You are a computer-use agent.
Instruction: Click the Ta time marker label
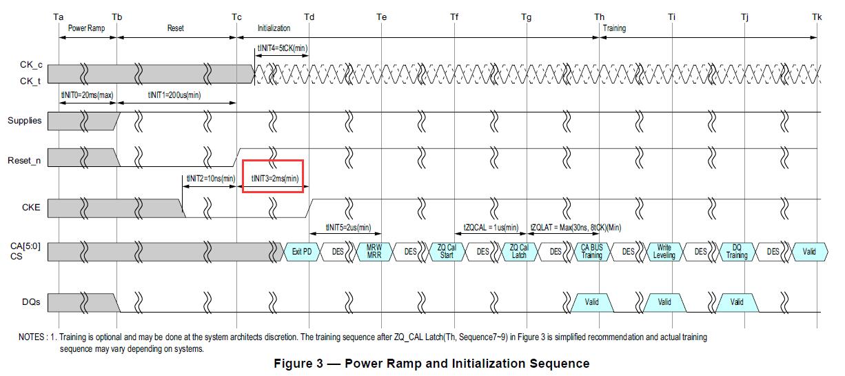[58, 17]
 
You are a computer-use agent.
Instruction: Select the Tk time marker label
[817, 17]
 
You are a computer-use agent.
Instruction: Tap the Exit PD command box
[302, 252]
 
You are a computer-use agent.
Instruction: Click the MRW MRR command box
[374, 252]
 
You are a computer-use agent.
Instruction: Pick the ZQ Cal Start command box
[447, 252]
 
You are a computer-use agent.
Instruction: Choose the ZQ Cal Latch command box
[519, 252]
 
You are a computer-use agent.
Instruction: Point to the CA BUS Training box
[591, 252]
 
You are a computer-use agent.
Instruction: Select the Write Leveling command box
[664, 252]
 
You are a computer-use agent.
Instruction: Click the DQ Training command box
[737, 252]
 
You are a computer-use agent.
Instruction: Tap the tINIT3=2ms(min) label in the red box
[274, 179]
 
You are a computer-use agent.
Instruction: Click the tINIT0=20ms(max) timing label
[87, 95]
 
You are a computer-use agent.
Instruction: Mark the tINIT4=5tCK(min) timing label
[283, 48]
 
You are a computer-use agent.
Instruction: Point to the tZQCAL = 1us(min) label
[491, 228]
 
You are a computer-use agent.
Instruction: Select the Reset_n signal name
[24, 161]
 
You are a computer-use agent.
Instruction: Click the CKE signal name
[31, 207]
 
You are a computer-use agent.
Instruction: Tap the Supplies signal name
[25, 121]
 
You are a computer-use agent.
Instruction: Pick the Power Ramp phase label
[86, 28]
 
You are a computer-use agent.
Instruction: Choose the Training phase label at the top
[614, 28]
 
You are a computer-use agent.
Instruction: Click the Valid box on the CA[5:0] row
[809, 252]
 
